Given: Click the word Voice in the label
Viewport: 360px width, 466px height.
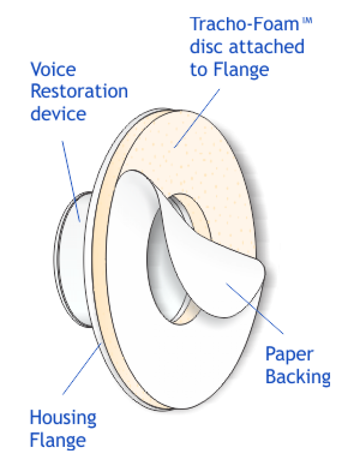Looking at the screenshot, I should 54,70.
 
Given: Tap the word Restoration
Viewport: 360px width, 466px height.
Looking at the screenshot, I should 79,92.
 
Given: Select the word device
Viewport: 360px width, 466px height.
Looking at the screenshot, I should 58,114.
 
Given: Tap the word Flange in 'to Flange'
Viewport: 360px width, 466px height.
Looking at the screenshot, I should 240,70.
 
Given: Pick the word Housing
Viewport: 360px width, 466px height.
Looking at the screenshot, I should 63,417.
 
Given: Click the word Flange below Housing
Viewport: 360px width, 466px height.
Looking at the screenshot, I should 58,440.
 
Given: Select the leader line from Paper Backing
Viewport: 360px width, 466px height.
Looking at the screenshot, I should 255,308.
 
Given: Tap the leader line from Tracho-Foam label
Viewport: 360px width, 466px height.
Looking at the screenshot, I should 197,117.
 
